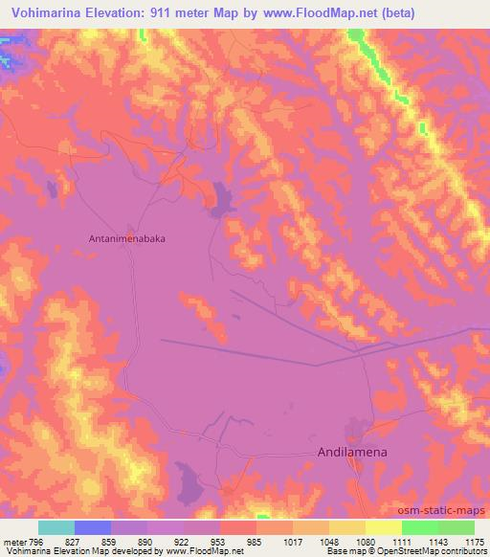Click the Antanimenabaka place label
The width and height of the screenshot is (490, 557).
[132, 239]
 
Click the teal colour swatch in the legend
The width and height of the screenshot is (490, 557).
[56, 527]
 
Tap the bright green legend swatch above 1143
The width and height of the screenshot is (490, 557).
[420, 527]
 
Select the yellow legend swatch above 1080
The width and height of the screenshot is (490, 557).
[347, 527]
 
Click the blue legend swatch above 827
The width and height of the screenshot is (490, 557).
[93, 527]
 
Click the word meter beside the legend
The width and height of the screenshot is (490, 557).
[14, 542]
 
